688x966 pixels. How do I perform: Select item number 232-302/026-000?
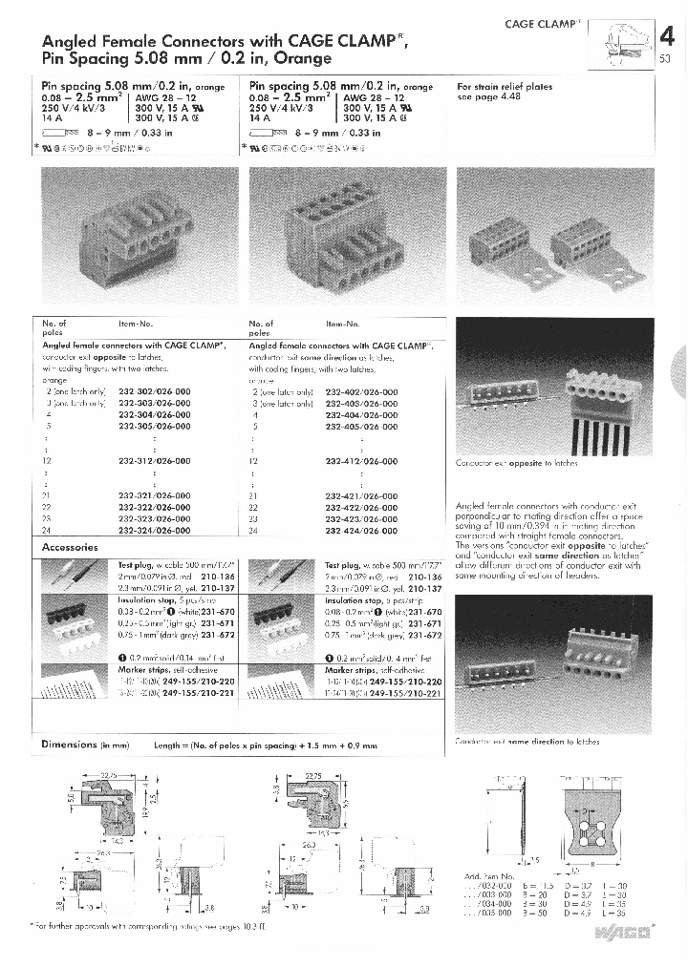coord(154,392)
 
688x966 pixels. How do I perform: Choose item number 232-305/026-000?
coord(154,427)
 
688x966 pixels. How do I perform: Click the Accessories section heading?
coord(70,548)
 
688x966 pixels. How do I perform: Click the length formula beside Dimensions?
coord(266,745)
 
